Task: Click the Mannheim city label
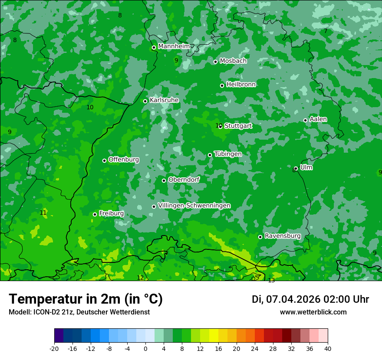pos(174,46)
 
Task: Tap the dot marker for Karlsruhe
pos(145,101)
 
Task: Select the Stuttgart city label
pos(238,126)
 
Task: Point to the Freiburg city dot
pos(95,214)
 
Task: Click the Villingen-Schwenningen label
pos(194,206)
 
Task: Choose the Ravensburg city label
pos(283,236)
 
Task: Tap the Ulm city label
pos(306,167)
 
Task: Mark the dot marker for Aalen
pos(305,120)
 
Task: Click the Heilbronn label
pos(241,85)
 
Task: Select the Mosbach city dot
pos(215,62)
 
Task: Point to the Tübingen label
pos(228,154)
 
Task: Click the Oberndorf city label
pos(184,180)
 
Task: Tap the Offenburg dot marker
pos(104,160)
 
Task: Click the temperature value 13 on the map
pos(271,281)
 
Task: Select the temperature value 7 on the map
pos(326,31)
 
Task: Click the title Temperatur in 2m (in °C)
pos(86,299)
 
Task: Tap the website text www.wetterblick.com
pos(313,312)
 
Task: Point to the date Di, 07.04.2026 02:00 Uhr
pos(310,299)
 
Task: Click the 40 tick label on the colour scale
pos(327,348)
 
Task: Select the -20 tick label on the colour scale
pos(54,348)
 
